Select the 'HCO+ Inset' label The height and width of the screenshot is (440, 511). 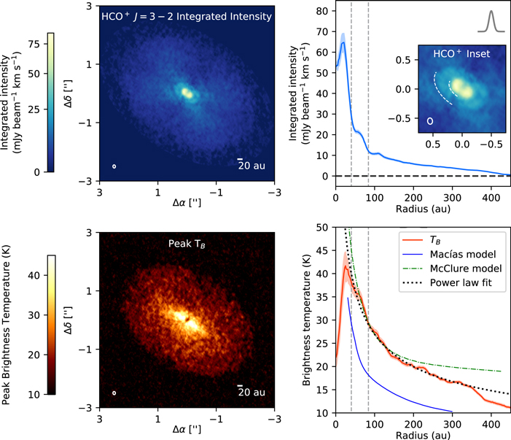[x=461, y=54]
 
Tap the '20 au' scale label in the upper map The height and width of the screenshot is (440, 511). [x=252, y=166]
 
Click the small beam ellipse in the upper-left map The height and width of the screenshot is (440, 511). [x=114, y=166]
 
